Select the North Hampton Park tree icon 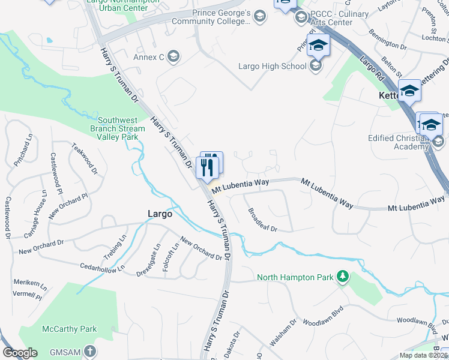pyautogui.click(x=343, y=276)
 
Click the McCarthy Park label pyautogui.click(x=70, y=329)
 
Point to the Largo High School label pyautogui.click(x=272, y=66)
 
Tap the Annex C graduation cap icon pyautogui.click(x=173, y=57)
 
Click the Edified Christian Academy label pyautogui.click(x=398, y=142)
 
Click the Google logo pyautogui.click(x=20, y=353)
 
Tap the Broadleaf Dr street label pyautogui.click(x=262, y=220)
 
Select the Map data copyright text pyautogui.click(x=423, y=355)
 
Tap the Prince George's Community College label pyautogui.click(x=219, y=17)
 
